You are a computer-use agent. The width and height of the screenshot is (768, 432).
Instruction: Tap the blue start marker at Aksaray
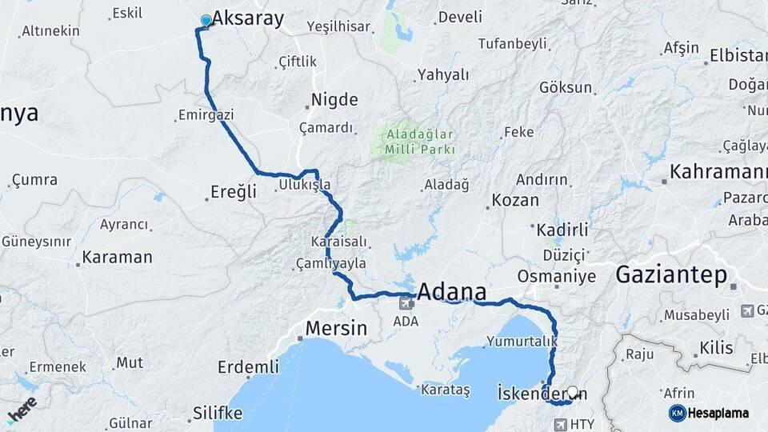[206, 21]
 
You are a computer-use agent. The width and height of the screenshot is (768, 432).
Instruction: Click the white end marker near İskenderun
[572, 393]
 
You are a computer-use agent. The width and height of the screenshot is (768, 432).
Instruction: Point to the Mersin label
[336, 327]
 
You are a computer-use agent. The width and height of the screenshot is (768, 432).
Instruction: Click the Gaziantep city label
[671, 276]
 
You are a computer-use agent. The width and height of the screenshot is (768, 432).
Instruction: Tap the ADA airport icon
[406, 302]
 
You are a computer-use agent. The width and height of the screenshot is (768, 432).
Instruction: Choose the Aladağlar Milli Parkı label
[420, 141]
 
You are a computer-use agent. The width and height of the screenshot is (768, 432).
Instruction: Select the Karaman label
[118, 257]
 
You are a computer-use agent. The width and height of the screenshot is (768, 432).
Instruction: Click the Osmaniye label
[557, 276]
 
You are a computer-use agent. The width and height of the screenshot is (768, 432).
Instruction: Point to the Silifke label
[218, 413]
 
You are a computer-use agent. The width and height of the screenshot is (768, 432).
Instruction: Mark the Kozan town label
[515, 200]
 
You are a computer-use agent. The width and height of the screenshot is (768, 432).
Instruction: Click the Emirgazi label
[207, 115]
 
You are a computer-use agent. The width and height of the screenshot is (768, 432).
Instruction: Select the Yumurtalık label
[521, 342]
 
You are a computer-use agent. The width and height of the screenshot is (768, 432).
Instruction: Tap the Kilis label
[715, 347]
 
